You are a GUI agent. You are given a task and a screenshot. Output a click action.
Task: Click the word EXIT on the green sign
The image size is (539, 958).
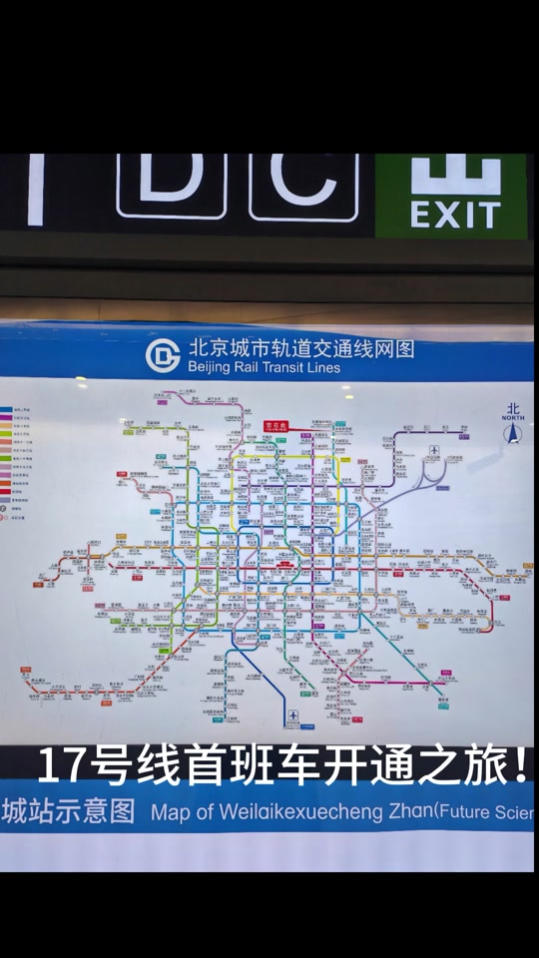point(454,215)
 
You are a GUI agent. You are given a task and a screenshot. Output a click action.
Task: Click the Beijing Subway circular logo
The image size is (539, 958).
point(163,355)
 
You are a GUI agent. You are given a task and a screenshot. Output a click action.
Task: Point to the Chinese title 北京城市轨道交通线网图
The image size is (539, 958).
point(299,349)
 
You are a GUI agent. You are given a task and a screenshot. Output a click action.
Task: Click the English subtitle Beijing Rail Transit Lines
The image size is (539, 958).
point(264,367)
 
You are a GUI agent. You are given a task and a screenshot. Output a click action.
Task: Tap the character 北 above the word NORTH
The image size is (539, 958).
point(513,408)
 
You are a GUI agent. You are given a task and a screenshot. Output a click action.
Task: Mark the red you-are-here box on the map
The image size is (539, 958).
point(274,425)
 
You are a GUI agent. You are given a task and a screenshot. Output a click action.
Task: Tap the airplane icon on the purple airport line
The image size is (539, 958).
point(434,451)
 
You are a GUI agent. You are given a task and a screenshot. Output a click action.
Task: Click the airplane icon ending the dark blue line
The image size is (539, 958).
point(293,716)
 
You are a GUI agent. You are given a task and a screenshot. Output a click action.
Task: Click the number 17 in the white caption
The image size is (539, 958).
point(60,766)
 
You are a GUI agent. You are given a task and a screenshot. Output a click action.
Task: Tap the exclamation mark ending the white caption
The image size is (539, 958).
point(519,766)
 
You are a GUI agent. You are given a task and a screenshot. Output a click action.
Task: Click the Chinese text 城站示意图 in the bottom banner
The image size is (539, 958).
point(68,810)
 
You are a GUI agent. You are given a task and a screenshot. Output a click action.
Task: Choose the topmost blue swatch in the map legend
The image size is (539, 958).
point(5,410)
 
